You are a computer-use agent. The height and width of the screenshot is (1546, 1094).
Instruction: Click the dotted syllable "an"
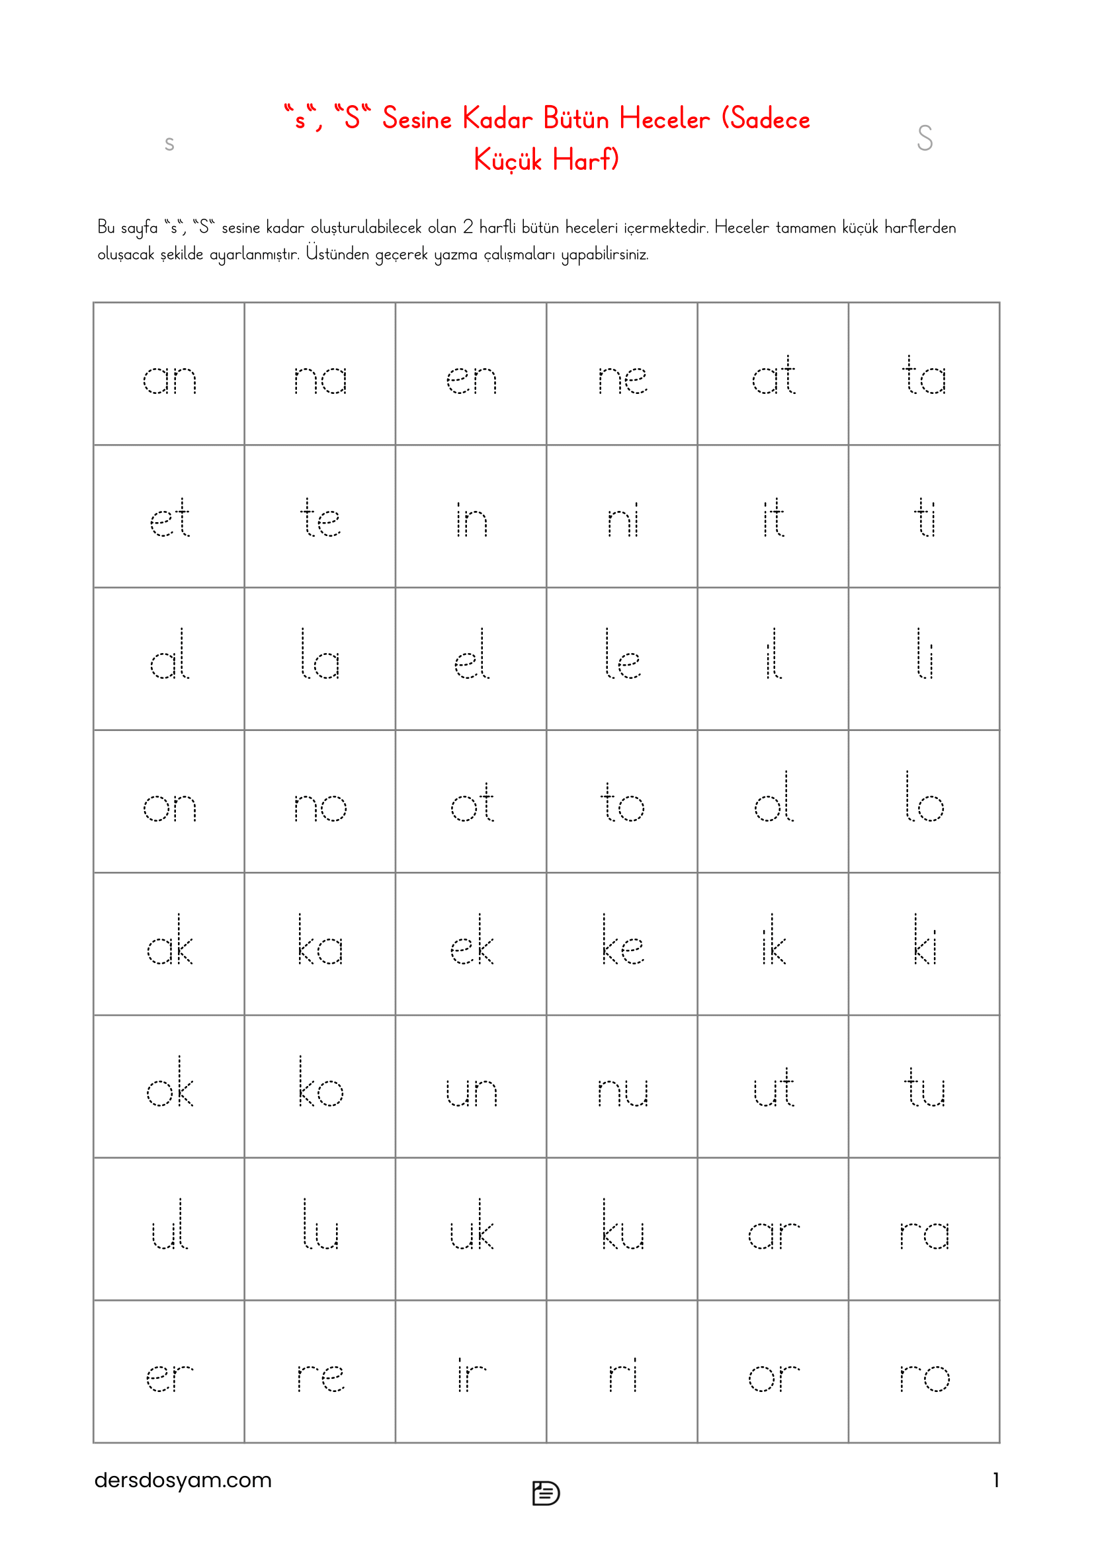coord(169,379)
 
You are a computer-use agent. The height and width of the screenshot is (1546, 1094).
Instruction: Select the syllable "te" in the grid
coord(320,518)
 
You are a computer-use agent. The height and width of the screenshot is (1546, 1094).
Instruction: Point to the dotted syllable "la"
coord(320,655)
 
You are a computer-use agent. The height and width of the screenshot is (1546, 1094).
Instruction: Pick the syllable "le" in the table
coord(622,655)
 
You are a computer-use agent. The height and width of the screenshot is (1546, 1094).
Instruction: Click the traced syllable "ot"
coord(472,803)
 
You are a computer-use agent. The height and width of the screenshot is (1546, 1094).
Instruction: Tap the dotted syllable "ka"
coord(320,941)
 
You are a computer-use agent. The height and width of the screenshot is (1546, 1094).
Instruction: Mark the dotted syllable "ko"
coord(320,1083)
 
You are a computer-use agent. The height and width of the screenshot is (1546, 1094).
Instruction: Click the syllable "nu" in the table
coord(622,1091)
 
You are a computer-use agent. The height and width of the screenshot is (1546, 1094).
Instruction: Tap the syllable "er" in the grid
coord(169,1377)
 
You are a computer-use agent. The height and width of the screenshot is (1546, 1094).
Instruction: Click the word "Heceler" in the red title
coord(663,119)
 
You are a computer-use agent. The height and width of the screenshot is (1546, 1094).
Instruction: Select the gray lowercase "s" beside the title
coord(169,143)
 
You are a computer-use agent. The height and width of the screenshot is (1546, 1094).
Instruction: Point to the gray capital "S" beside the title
coord(924,138)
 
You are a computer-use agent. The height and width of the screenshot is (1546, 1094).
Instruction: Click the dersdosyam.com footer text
coord(183,1479)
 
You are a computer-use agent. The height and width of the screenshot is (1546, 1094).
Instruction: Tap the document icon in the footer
coord(546,1493)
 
